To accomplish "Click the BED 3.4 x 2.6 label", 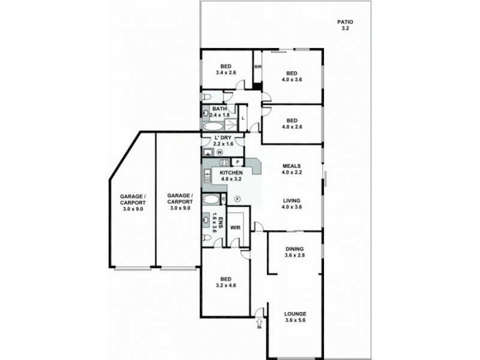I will (226, 69).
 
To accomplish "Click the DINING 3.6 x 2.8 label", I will (295, 252).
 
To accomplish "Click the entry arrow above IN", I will (259, 312).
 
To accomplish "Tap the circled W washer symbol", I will (220, 152).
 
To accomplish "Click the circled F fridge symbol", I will (237, 199).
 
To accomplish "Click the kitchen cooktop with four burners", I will (223, 162).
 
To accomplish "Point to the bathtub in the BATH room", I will (212, 127).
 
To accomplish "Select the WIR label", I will (235, 227).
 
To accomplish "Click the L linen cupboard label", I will (243, 118).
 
